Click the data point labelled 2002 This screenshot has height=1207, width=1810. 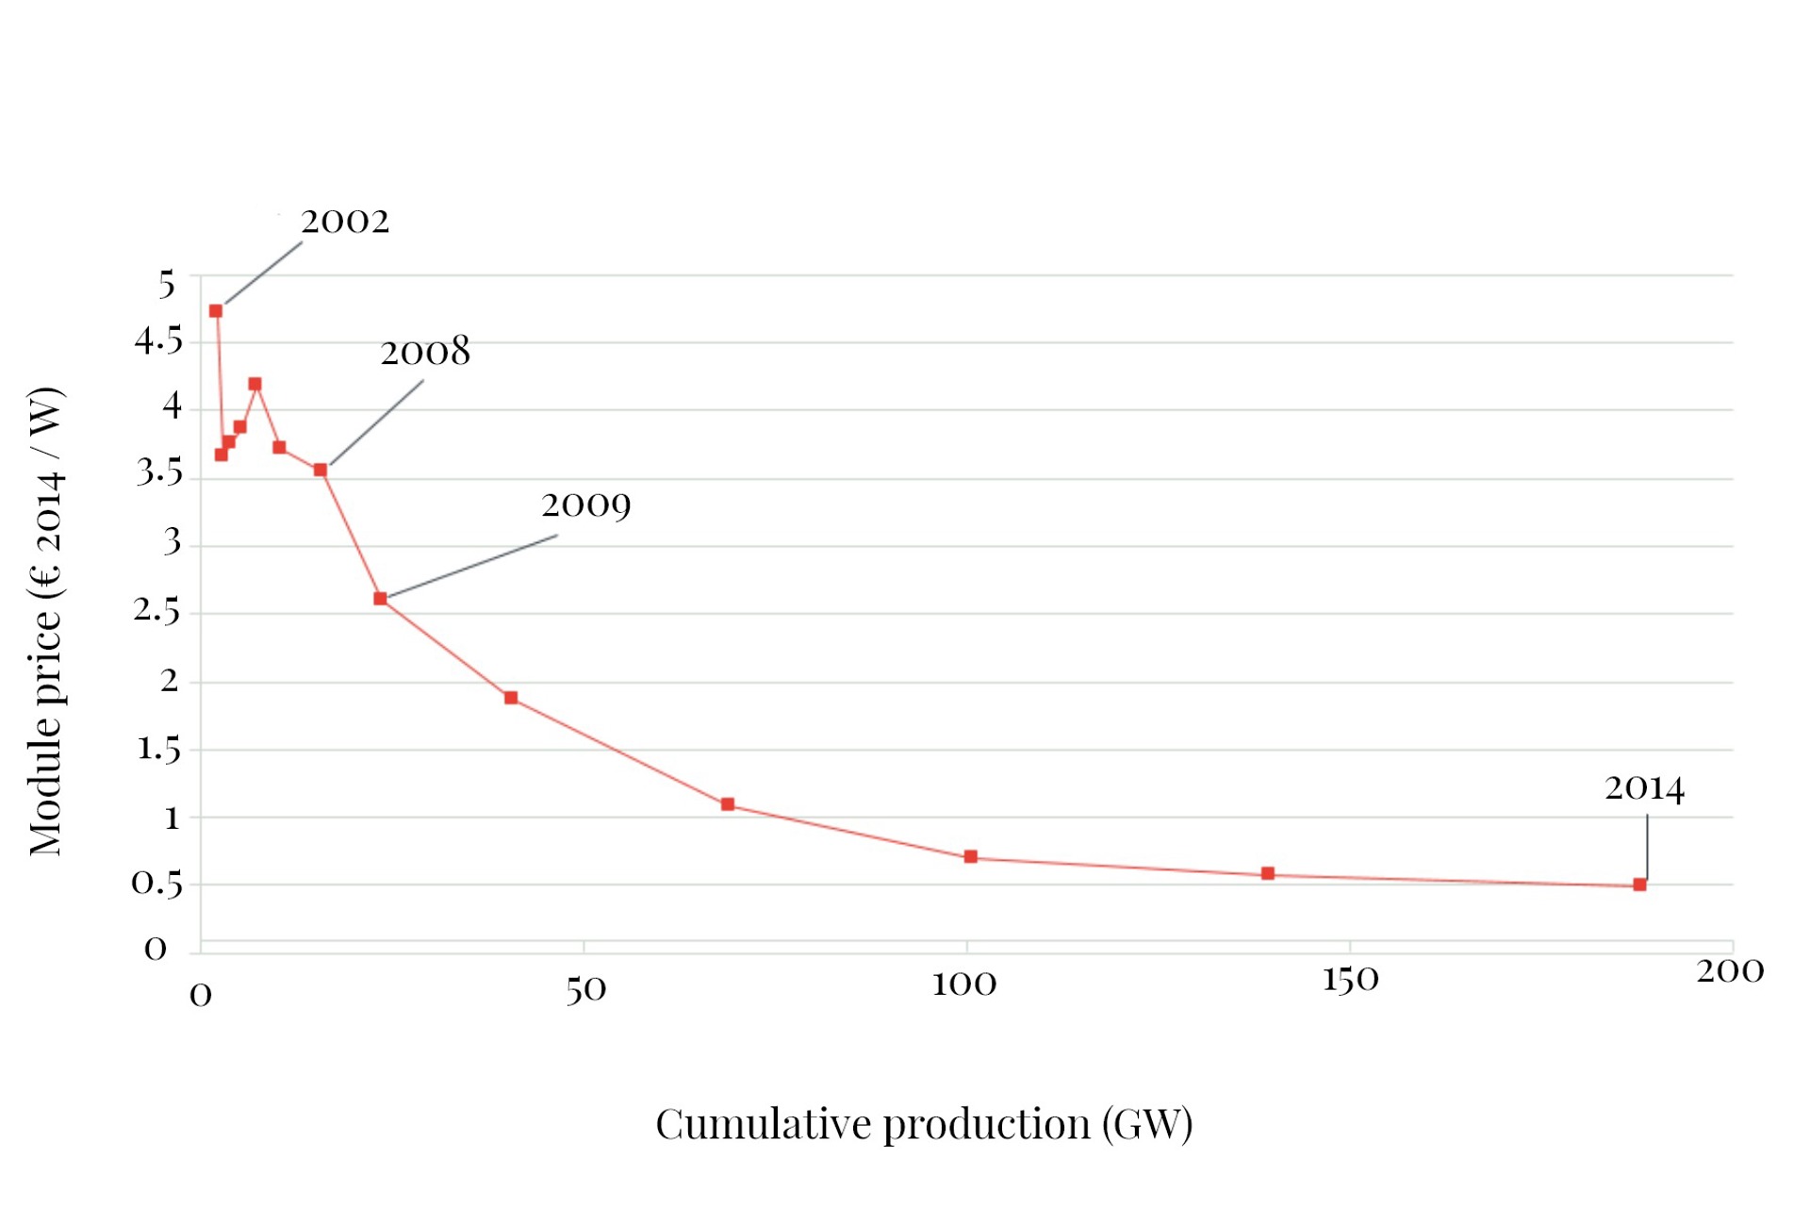pyautogui.click(x=216, y=311)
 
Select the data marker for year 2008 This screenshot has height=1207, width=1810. pyautogui.click(x=321, y=470)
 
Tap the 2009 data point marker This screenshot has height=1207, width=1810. pyautogui.click(x=380, y=599)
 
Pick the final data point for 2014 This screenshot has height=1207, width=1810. pyautogui.click(x=1639, y=885)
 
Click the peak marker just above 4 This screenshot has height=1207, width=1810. pyautogui.click(x=255, y=384)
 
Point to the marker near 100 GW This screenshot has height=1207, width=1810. pyautogui.click(x=971, y=856)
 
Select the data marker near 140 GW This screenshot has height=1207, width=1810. pyautogui.click(x=1268, y=873)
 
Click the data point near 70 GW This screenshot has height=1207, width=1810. pyautogui.click(x=728, y=804)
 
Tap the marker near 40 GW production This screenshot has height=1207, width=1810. pyautogui.click(x=511, y=698)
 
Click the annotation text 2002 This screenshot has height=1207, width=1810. pyautogui.click(x=345, y=222)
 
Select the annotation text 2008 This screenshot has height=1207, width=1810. pyautogui.click(x=425, y=353)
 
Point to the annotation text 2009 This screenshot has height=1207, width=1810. pyautogui.click(x=586, y=506)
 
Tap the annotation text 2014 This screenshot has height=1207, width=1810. pyautogui.click(x=1644, y=788)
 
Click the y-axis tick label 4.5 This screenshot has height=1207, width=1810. pyautogui.click(x=158, y=340)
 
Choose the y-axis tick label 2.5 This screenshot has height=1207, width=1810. pyautogui.click(x=156, y=611)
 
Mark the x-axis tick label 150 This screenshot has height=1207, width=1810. pyautogui.click(x=1350, y=980)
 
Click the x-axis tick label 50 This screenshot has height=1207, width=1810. pyautogui.click(x=585, y=989)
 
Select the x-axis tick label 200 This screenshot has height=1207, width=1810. pyautogui.click(x=1730, y=970)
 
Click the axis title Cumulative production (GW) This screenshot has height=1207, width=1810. pyautogui.click(x=924, y=1124)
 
